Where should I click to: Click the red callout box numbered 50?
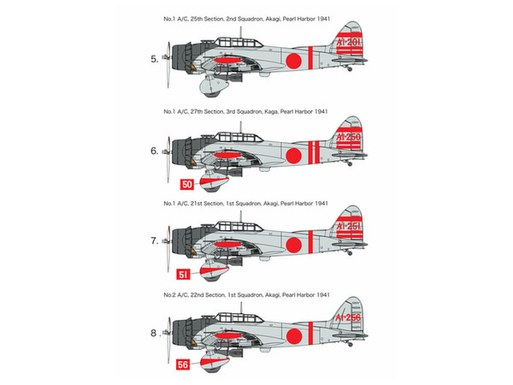pyautogui.click(x=186, y=184)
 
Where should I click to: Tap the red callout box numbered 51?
pyautogui.click(x=183, y=275)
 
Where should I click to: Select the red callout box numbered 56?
pyautogui.click(x=183, y=364)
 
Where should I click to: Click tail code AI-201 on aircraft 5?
pyautogui.click(x=349, y=42)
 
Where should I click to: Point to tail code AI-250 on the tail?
pyautogui.click(x=349, y=137)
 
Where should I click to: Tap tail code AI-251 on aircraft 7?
pyautogui.click(x=349, y=226)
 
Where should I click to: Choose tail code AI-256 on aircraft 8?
pyautogui.click(x=348, y=317)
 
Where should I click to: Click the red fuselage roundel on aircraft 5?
pyautogui.click(x=293, y=61)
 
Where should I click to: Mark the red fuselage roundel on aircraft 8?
pyautogui.click(x=294, y=336)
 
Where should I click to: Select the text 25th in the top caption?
pyautogui.click(x=197, y=19)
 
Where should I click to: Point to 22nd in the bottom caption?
pyautogui.click(x=197, y=295)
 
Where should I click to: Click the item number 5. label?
pyautogui.click(x=155, y=59)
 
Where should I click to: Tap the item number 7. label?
pyautogui.click(x=155, y=241)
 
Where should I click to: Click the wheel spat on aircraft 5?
pyautogui.click(x=213, y=87)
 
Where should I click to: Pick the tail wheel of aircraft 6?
pyautogui.click(x=350, y=163)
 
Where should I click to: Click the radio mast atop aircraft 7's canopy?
pyautogui.click(x=241, y=218)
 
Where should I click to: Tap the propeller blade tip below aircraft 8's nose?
pyautogui.click(x=168, y=361)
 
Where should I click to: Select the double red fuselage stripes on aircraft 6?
pyautogui.click(x=314, y=152)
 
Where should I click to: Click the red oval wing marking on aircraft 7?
pyautogui.click(x=227, y=244)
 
